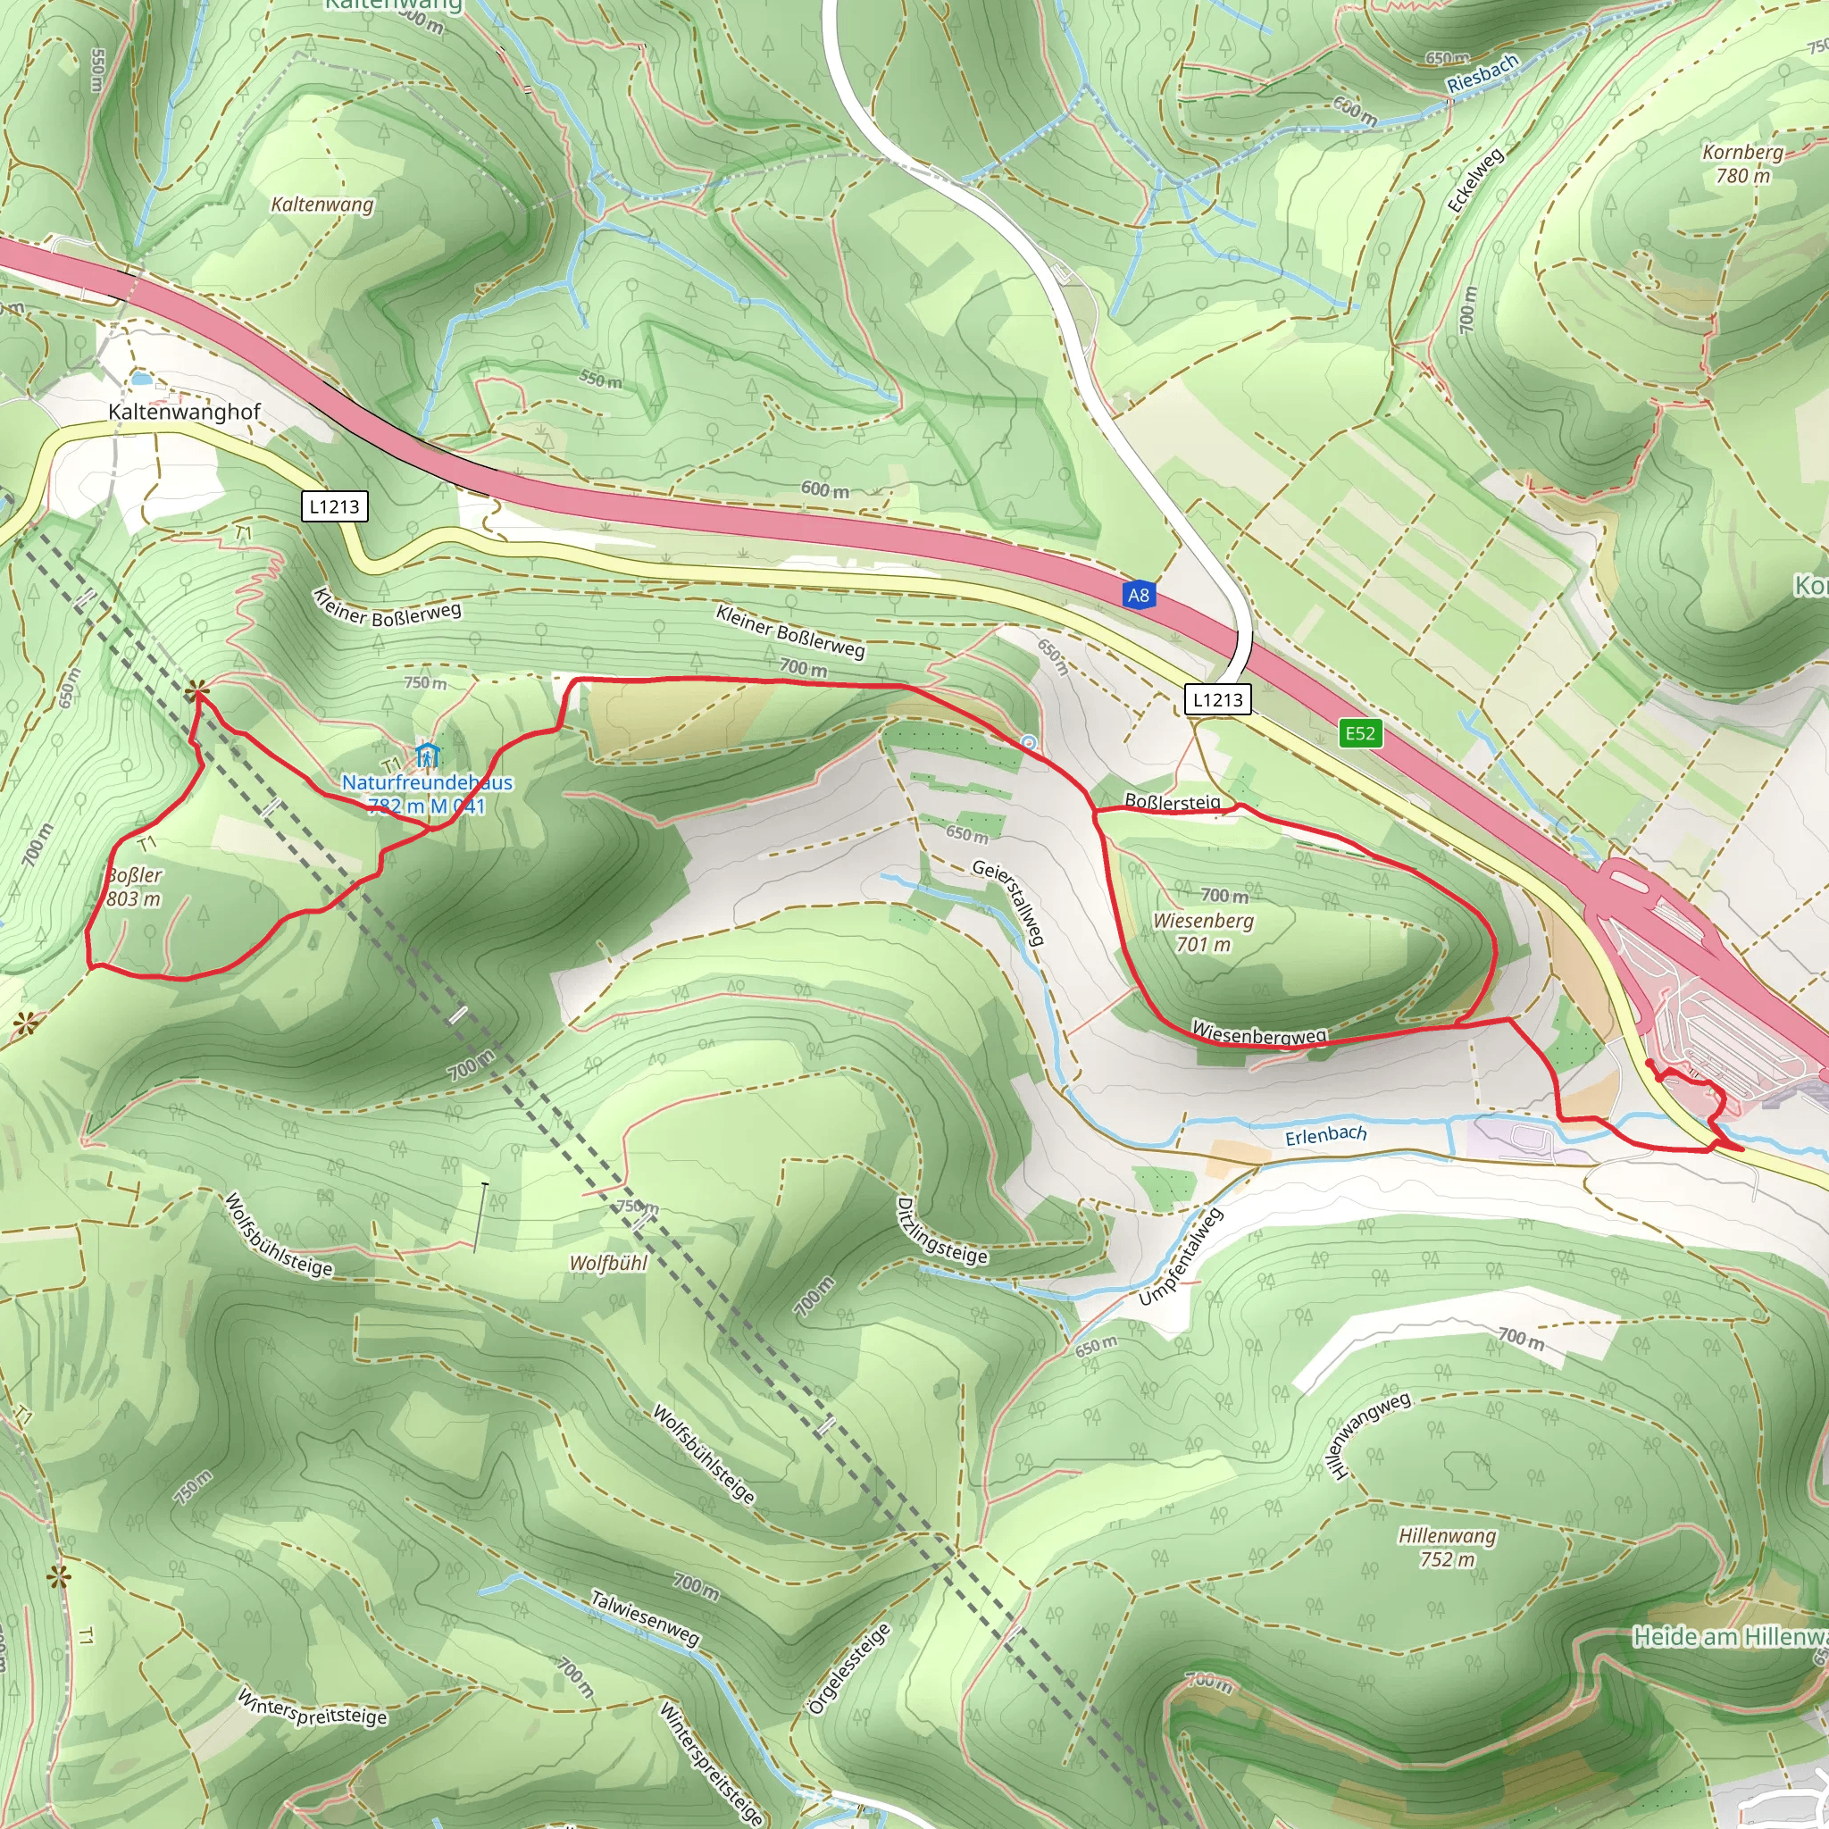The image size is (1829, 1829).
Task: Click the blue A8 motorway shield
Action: (1138, 596)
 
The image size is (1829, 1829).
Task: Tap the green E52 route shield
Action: (1360, 732)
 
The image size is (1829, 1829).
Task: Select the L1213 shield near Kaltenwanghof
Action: (334, 506)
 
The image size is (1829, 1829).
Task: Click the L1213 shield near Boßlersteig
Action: (1217, 699)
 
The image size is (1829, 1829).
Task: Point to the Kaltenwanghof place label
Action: (184, 412)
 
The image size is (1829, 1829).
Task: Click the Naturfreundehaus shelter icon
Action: (428, 756)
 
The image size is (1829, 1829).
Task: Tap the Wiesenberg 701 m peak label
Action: (1203, 932)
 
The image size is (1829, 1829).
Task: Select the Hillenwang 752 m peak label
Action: (1448, 1546)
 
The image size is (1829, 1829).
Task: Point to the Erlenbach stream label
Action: (1325, 1135)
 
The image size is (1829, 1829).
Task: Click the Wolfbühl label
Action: (608, 1263)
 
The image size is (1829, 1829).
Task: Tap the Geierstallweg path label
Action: (1009, 902)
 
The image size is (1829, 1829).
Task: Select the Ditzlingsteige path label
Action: (941, 1232)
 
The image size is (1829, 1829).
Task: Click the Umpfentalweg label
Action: (1181, 1258)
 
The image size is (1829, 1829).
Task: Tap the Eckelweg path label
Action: (1475, 180)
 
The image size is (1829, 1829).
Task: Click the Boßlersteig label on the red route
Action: (1172, 802)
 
